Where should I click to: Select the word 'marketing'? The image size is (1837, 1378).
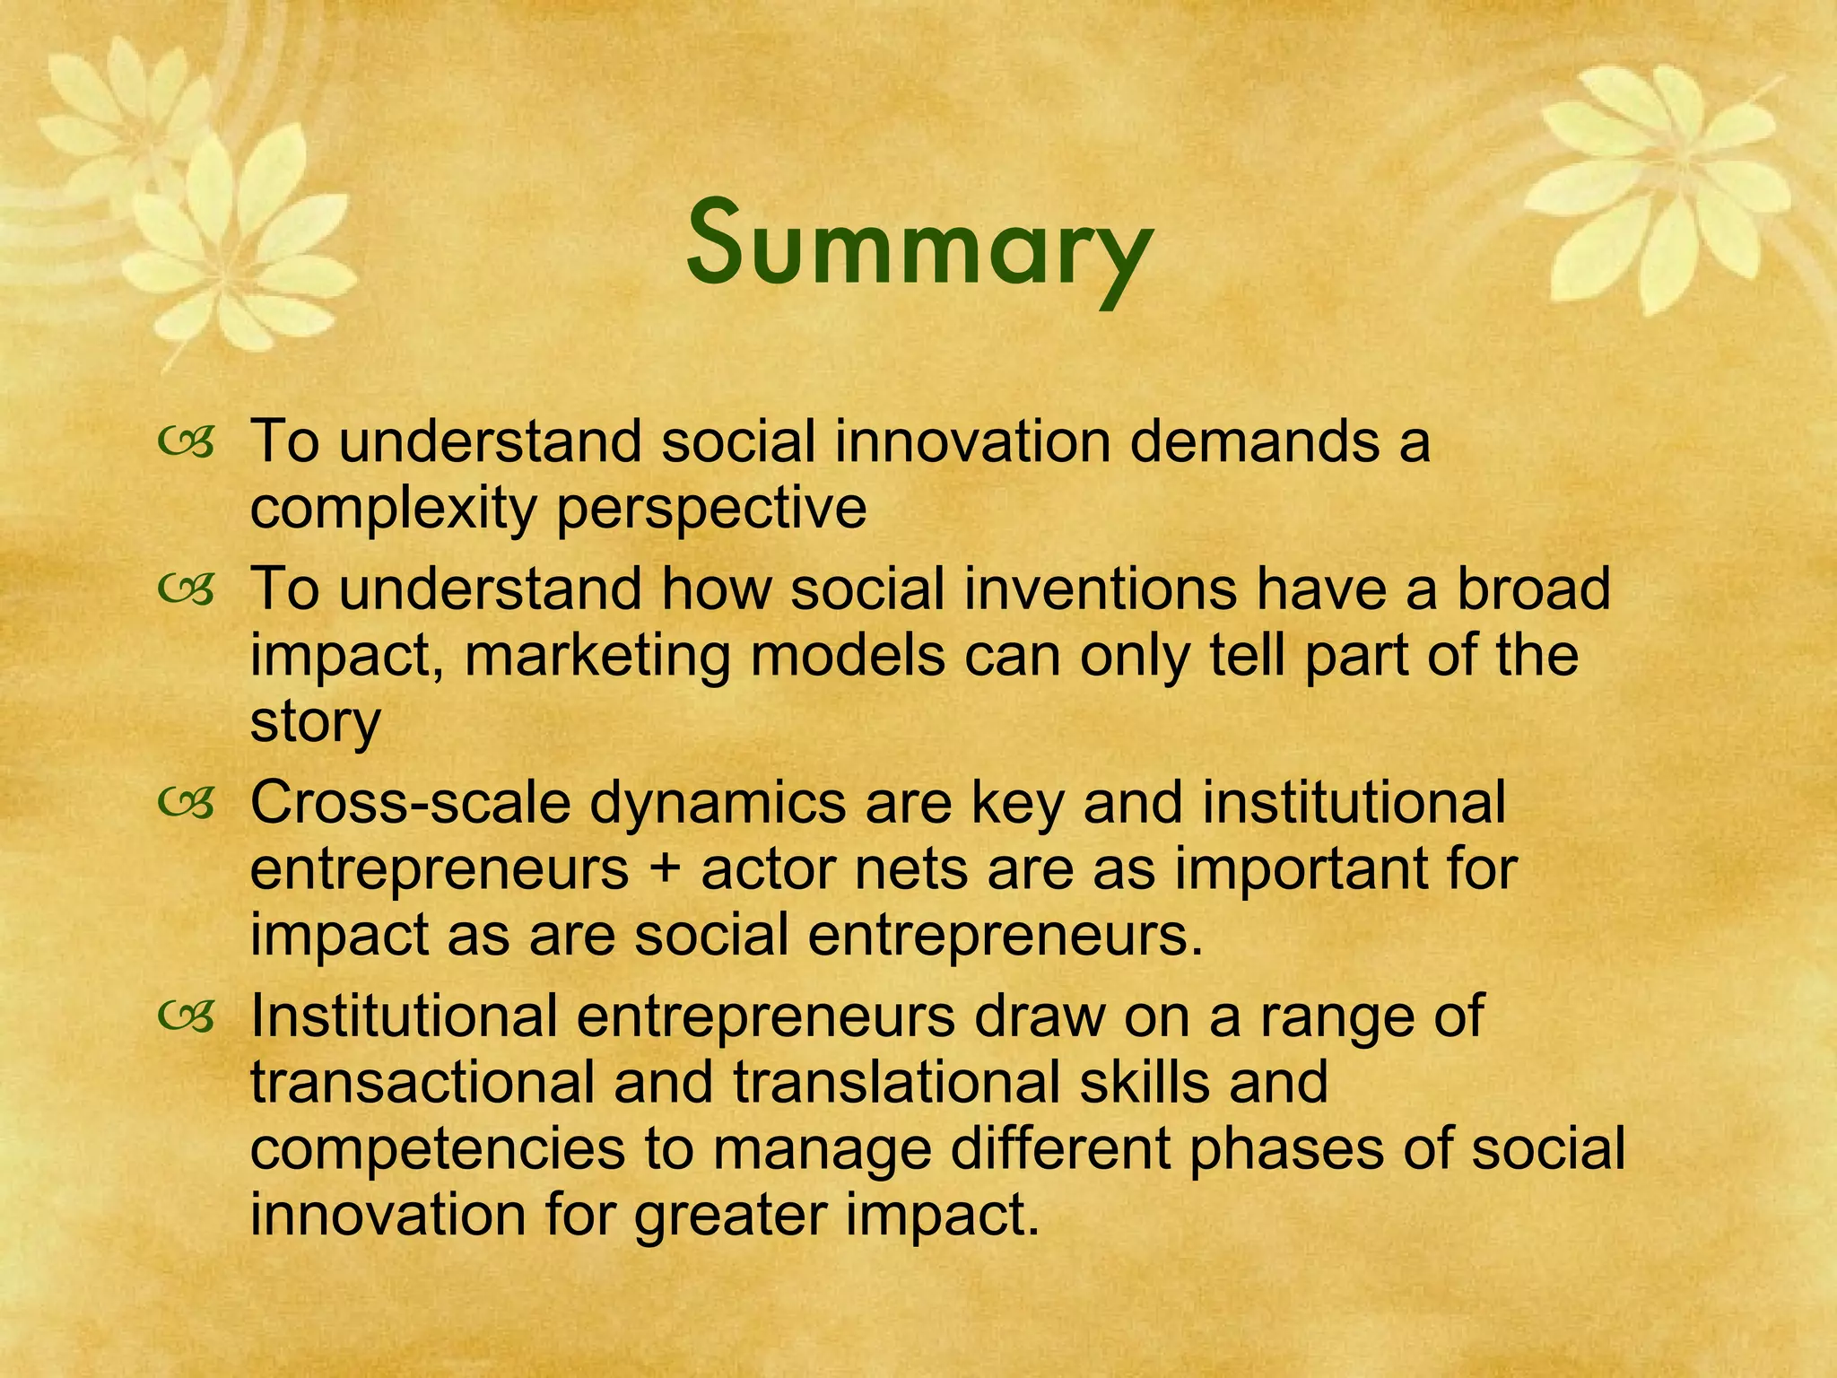click(596, 656)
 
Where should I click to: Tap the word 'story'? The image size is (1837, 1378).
click(315, 722)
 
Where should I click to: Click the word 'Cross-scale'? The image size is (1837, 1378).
click(411, 803)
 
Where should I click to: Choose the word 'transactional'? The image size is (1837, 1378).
click(422, 1083)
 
